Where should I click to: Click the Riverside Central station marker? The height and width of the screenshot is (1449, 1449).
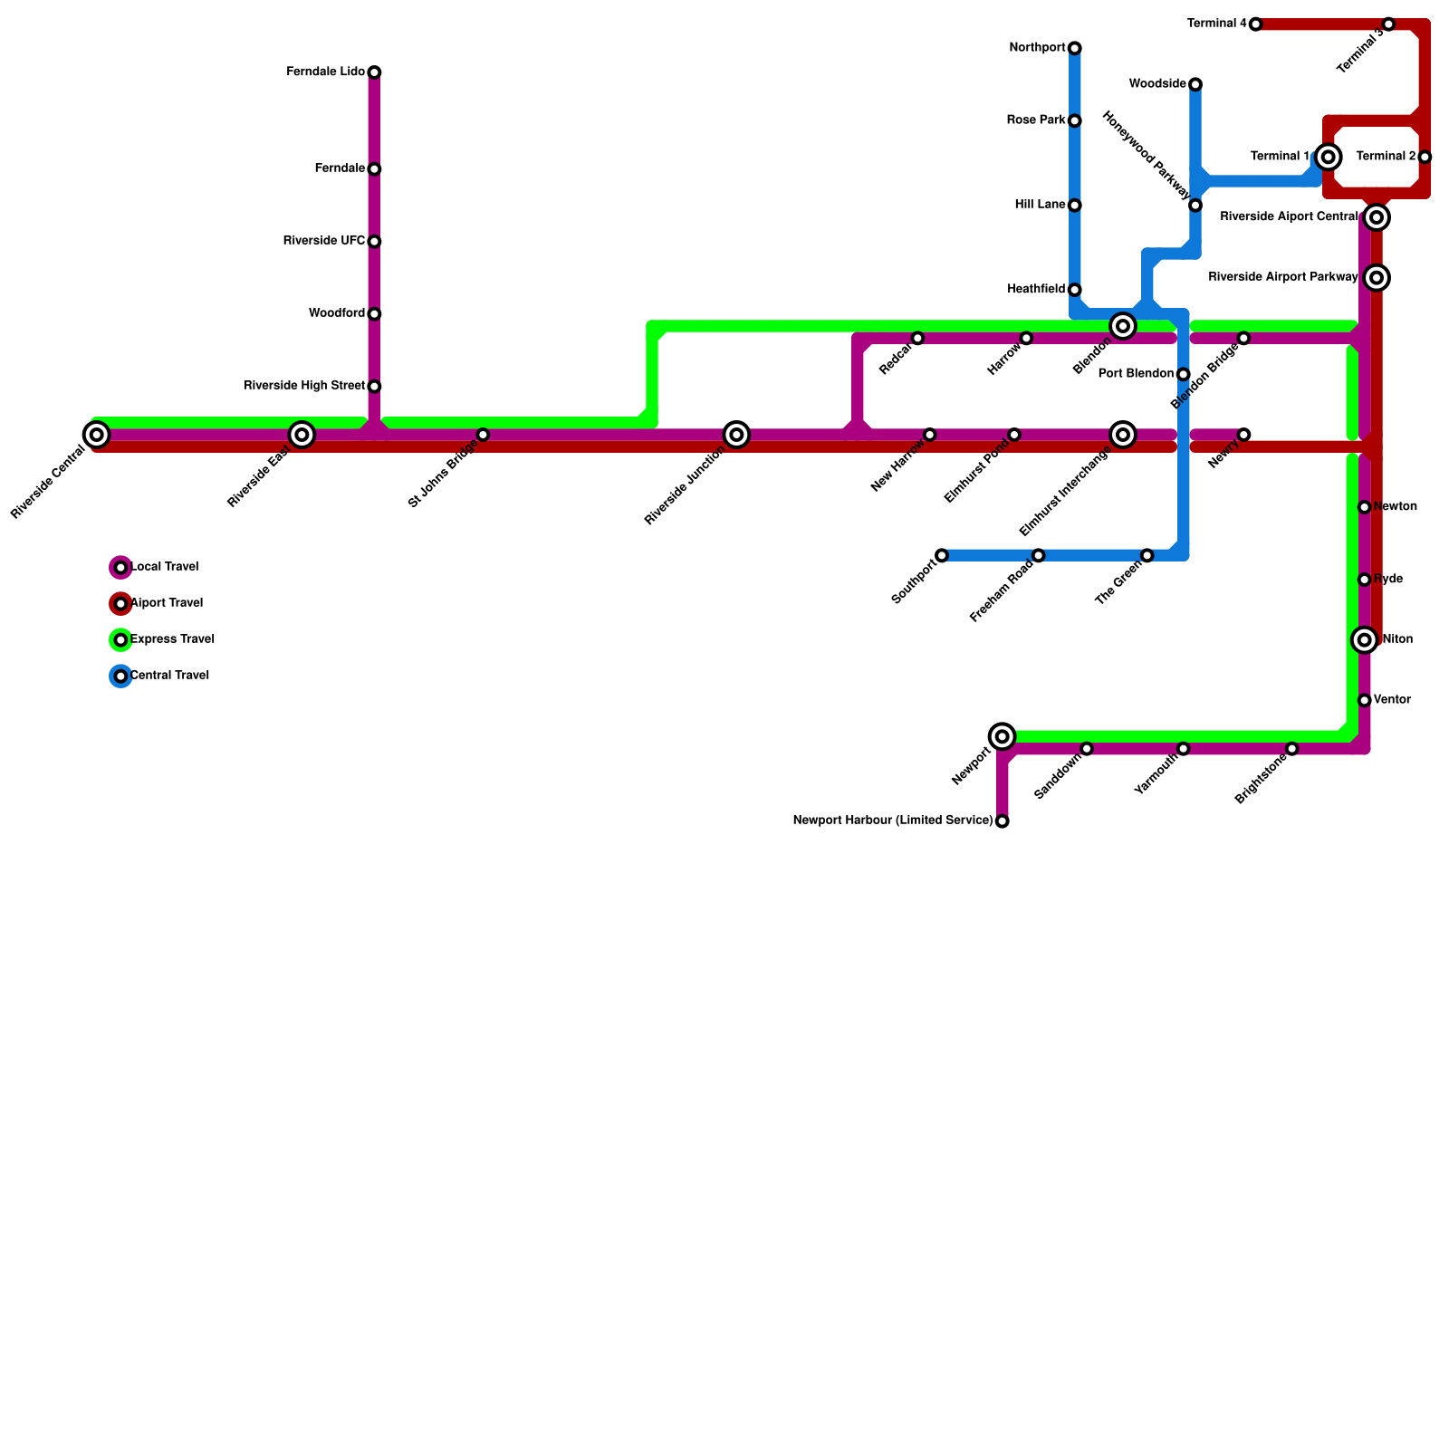point(97,436)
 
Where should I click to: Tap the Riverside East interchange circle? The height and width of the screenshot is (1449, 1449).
point(302,436)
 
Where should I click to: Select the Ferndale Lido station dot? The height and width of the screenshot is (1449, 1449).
point(374,72)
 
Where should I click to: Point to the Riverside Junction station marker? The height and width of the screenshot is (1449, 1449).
point(737,436)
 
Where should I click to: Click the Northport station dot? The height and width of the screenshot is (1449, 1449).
point(1074,48)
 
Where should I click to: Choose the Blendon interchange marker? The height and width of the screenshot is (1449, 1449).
point(1123,326)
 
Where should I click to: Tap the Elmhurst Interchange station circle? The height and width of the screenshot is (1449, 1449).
point(1123,436)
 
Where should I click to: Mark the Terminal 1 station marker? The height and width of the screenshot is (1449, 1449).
point(1329,158)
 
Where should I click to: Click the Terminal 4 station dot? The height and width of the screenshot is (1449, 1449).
point(1255,24)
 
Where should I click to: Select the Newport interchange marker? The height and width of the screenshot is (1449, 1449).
point(1002,737)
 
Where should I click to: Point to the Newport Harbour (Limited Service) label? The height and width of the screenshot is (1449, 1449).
point(893,821)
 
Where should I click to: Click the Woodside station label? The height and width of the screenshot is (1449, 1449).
point(1157,84)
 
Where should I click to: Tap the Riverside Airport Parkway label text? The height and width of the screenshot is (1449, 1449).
point(1283,277)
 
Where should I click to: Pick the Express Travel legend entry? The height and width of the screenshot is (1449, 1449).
point(172,639)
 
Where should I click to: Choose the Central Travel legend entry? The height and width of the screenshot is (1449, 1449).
point(169,676)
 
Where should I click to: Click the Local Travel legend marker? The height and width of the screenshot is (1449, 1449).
point(120,568)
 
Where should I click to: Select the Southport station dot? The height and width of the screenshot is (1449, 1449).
point(942,555)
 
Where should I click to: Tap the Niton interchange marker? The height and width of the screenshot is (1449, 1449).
point(1365,640)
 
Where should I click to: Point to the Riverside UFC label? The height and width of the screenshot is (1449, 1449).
point(323,241)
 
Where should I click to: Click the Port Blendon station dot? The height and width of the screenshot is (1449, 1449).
point(1183,375)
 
